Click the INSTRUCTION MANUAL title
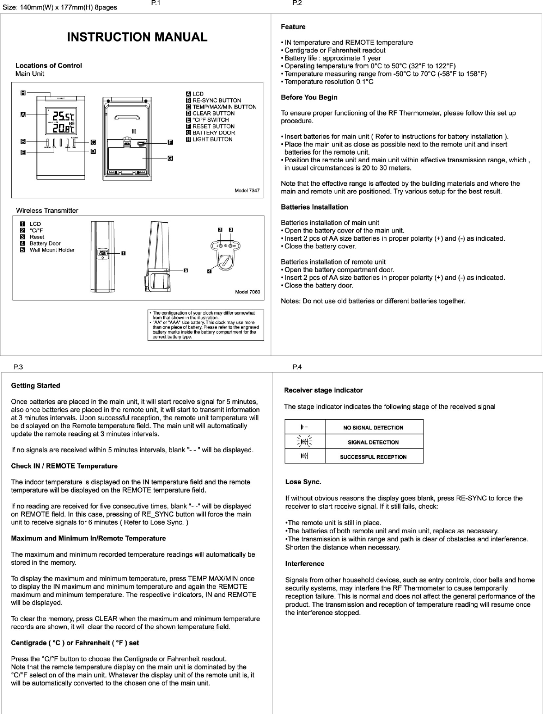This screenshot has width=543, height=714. [137, 37]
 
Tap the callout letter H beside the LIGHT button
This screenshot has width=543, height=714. [23, 93]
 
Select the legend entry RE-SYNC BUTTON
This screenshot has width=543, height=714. [216, 101]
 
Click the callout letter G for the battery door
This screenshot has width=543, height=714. [170, 158]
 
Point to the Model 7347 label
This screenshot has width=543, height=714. [247, 191]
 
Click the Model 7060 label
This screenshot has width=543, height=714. [248, 292]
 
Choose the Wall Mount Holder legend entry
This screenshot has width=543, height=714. [52, 250]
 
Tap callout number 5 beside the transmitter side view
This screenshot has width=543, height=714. [185, 270]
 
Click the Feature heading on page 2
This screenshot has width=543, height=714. [293, 27]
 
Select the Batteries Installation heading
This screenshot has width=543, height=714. [314, 207]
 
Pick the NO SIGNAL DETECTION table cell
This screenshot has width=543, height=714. [373, 427]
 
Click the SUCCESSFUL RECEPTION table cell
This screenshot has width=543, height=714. [373, 457]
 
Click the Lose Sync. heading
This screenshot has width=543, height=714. [303, 482]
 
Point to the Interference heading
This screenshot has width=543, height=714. [304, 564]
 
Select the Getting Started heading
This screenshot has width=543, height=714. [35, 386]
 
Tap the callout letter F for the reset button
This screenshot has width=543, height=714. [170, 142]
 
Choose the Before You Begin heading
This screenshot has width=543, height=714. [309, 97]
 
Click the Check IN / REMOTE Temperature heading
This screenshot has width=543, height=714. [64, 466]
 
